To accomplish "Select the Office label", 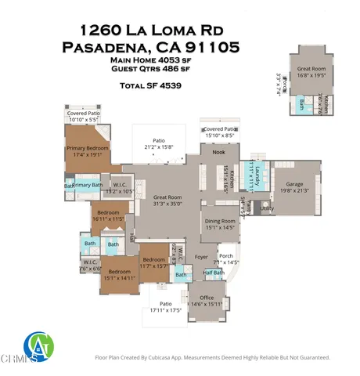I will (x=207, y=298).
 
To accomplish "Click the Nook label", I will (x=218, y=153).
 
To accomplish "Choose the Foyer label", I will (x=201, y=256).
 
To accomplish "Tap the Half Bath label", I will (x=213, y=273).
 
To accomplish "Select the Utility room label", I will (x=267, y=209).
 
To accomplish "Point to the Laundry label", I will (x=255, y=179).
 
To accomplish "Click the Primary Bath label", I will (x=87, y=185).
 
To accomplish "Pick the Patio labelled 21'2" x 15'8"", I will (x=162, y=142).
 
